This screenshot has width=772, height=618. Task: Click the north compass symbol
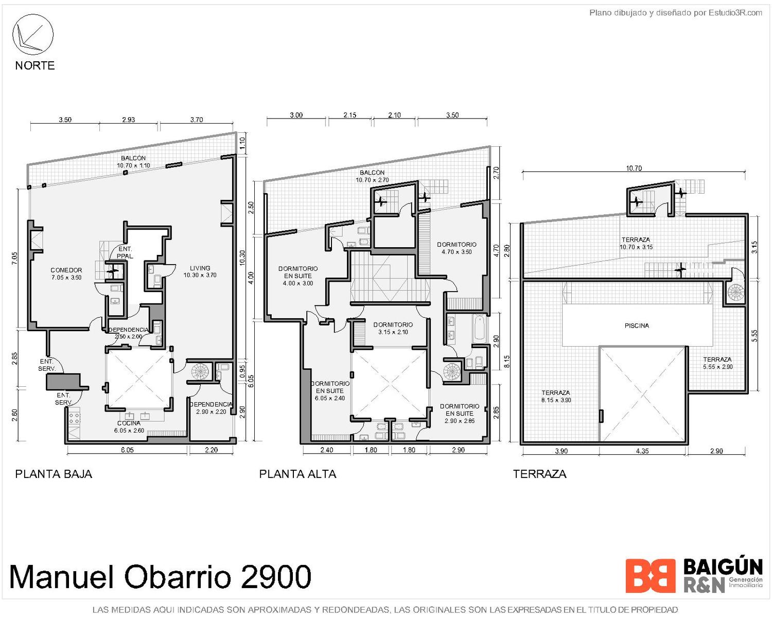tap(33, 35)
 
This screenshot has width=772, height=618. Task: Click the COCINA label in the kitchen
tap(129, 423)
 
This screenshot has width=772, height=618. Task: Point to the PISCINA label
tap(637, 325)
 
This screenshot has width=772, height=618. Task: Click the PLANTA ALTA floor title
tap(297, 474)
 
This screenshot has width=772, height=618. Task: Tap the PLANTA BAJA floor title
tap(54, 474)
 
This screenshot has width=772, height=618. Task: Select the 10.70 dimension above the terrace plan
tap(634, 168)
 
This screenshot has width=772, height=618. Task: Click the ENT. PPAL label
tap(125, 252)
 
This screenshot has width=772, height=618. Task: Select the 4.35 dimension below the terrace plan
tap(642, 451)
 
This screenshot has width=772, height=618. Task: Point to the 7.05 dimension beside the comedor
tap(15, 258)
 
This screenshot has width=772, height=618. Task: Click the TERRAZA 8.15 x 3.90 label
tap(556, 397)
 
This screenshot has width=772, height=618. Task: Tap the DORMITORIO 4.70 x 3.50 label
tap(457, 248)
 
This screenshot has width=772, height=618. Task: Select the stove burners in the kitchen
tap(74, 418)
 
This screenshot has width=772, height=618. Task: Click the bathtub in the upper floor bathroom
tap(480, 328)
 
